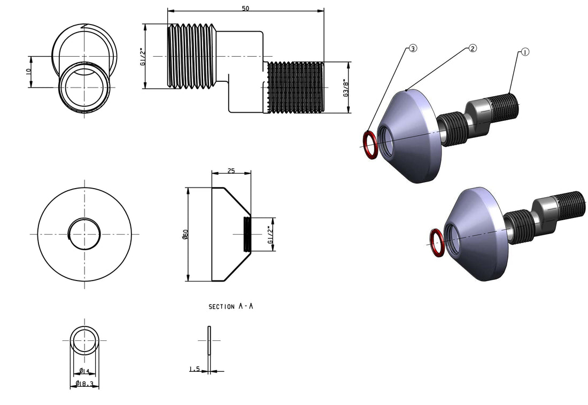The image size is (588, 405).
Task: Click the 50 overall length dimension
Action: tap(245, 9)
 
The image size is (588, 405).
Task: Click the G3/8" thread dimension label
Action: tap(346, 88)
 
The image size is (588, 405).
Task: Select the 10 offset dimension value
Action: tap(28, 71)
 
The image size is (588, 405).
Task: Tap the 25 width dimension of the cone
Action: tap(231, 171)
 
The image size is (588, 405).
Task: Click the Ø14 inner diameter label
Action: tap(84, 371)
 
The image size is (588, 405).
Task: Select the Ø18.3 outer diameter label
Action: tap(84, 384)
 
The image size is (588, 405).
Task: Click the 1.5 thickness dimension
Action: tap(194, 369)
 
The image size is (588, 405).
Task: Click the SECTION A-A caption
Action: tap(230, 307)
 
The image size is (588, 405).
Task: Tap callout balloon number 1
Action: tap(524, 52)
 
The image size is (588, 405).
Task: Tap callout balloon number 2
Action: tap(473, 48)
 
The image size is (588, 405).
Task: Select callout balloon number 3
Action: tap(413, 48)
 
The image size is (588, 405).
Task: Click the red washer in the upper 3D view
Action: tap(369, 145)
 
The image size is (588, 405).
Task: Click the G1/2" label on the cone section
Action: tap(270, 234)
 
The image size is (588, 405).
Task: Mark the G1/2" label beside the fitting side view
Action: tap(142, 57)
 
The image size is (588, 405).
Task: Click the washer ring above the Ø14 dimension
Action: tap(84, 341)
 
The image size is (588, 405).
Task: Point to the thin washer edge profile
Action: tap(210, 340)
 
